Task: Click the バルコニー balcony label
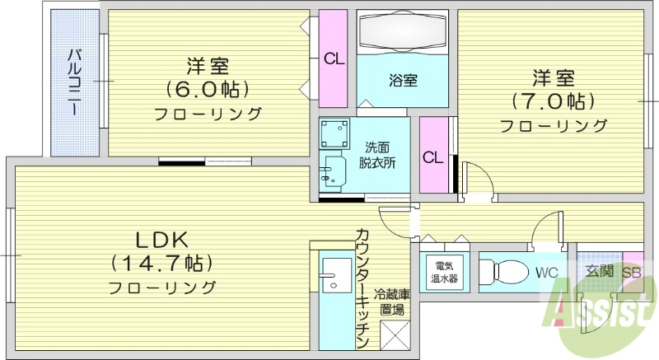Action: [73, 82]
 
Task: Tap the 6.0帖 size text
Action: [208, 88]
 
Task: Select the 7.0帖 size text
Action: [552, 101]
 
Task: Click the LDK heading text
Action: [162, 240]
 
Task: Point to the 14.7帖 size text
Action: [162, 264]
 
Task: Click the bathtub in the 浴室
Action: [403, 33]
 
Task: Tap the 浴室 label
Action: [403, 80]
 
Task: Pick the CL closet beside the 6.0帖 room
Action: [334, 58]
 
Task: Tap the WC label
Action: [546, 272]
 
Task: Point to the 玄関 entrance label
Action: [599, 271]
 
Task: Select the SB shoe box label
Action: [632, 271]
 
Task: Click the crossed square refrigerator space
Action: [392, 335]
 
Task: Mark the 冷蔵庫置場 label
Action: [391, 302]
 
